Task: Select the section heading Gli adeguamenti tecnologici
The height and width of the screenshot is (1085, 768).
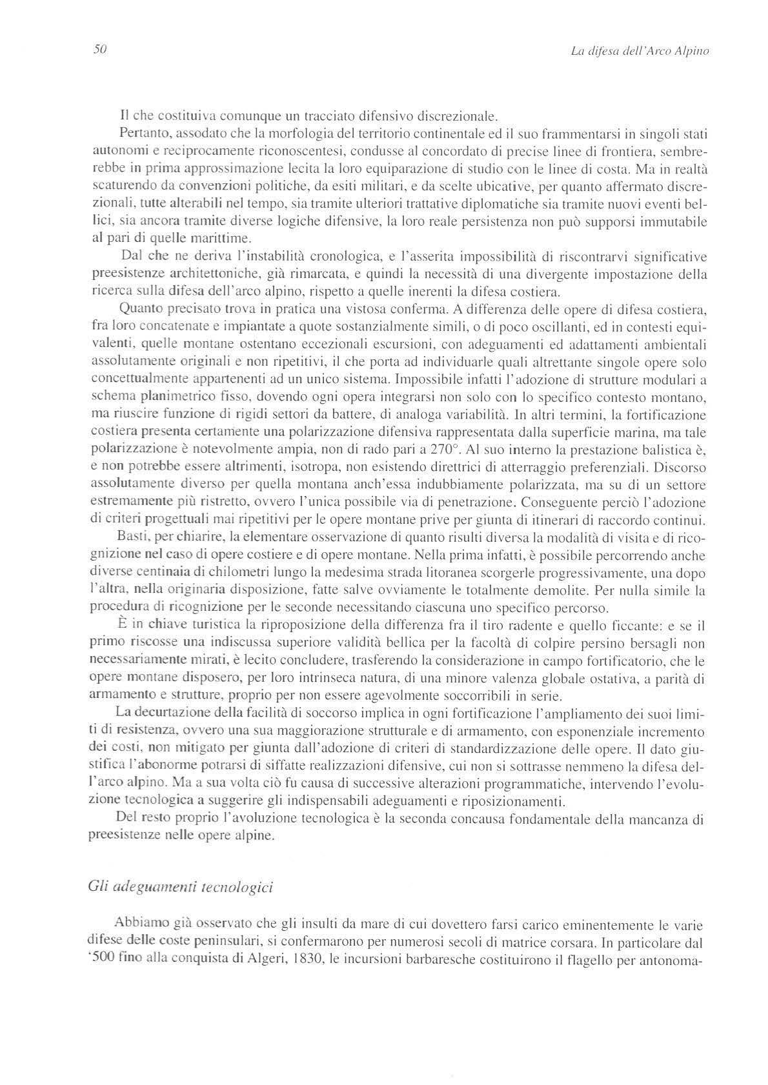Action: click(x=180, y=886)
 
